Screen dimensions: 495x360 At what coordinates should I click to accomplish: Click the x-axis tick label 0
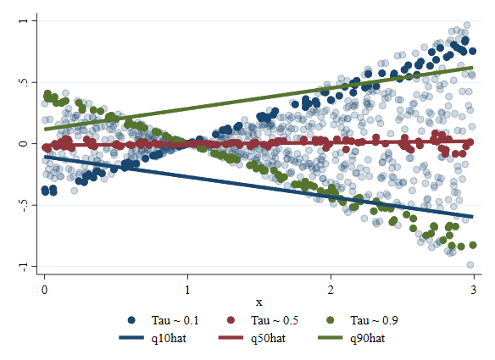pyautogui.click(x=45, y=290)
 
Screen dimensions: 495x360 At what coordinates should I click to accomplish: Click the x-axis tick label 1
pyautogui.click(x=187, y=290)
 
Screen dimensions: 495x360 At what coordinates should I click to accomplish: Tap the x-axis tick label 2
pyautogui.click(x=331, y=290)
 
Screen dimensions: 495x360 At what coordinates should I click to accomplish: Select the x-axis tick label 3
pyautogui.click(x=474, y=290)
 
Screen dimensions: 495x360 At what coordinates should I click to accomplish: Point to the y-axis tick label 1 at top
pyautogui.click(x=24, y=20)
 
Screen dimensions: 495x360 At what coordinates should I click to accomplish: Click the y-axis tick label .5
pyautogui.click(x=24, y=82)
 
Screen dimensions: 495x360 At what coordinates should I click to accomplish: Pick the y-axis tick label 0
pyautogui.click(x=24, y=143)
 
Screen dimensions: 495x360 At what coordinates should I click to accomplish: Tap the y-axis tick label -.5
pyautogui.click(x=24, y=205)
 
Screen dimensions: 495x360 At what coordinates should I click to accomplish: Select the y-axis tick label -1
pyautogui.click(x=24, y=267)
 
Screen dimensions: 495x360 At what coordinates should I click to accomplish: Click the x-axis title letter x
pyautogui.click(x=259, y=302)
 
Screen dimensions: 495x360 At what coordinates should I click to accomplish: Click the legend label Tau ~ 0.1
pyautogui.click(x=175, y=320)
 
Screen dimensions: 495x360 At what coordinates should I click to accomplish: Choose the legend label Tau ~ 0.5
pyautogui.click(x=275, y=320)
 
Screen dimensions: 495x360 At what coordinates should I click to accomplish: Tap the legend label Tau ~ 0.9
pyautogui.click(x=374, y=320)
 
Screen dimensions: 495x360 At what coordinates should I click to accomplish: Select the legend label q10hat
pyautogui.click(x=169, y=339)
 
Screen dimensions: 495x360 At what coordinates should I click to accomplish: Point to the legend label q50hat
pyautogui.click(x=269, y=339)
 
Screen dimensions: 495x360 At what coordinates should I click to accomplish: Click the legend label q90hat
pyautogui.click(x=368, y=339)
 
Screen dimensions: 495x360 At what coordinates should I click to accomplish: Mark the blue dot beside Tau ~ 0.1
pyautogui.click(x=131, y=320)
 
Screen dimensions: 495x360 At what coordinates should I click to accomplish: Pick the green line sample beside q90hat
pyautogui.click(x=331, y=338)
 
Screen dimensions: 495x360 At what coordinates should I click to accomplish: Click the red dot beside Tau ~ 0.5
pyautogui.click(x=231, y=320)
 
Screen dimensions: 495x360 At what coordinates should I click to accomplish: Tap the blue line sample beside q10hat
pyautogui.click(x=131, y=338)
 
